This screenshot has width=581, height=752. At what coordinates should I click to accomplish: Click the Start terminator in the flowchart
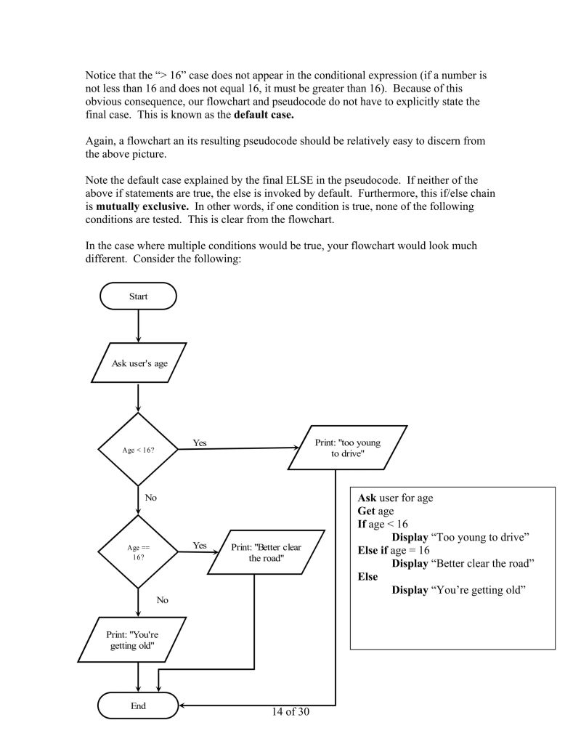[x=138, y=296]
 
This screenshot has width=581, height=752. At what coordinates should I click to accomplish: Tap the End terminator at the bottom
[x=138, y=705]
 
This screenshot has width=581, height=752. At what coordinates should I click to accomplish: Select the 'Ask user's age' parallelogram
[x=139, y=363]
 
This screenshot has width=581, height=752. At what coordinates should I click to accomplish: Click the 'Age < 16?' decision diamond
[x=138, y=450]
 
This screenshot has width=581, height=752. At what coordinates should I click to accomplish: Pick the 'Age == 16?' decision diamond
[x=138, y=551]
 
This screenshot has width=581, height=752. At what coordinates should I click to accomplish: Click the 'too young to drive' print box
[x=347, y=448]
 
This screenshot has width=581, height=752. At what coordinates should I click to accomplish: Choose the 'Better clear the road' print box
[x=265, y=552]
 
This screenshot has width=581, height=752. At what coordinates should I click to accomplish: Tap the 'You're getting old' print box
[x=132, y=639]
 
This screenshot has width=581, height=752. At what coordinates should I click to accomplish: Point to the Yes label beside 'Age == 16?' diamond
[x=200, y=545]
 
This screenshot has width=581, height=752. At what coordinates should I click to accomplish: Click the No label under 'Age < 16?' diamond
[x=151, y=498]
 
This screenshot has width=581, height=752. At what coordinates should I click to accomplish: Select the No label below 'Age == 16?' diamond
[x=162, y=600]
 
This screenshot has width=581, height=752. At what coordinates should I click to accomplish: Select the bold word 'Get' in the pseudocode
[x=366, y=511]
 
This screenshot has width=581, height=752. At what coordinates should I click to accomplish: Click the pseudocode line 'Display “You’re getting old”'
[x=458, y=589]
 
